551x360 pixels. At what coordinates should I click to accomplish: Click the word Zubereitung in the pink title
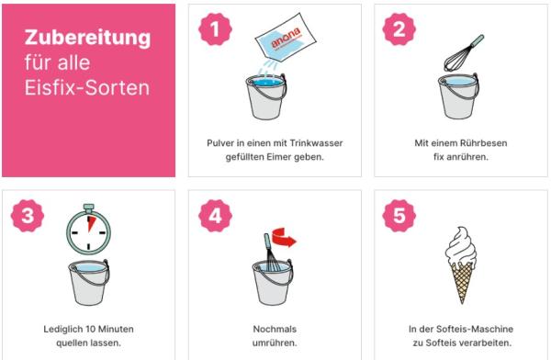click(87, 39)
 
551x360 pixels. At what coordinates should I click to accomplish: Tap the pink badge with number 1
click(215, 28)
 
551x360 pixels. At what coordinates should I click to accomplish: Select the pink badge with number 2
click(399, 28)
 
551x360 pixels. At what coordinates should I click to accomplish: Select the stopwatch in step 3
click(89, 229)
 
